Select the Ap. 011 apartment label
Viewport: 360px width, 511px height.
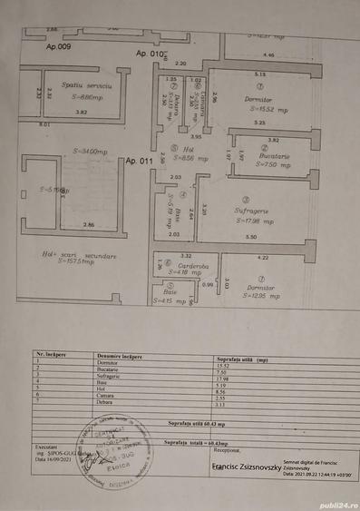(x=140, y=160)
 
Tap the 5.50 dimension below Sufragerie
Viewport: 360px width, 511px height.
(x=251, y=236)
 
